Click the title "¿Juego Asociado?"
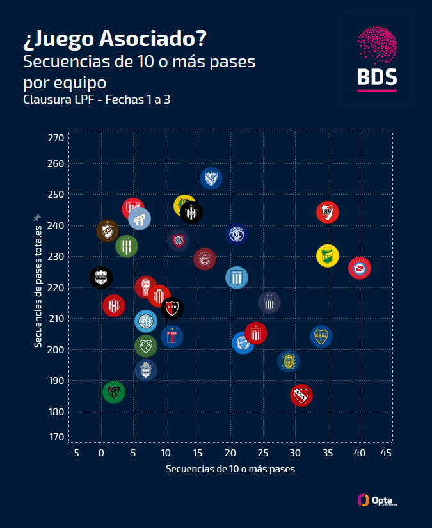[x=115, y=40]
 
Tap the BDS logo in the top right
[x=377, y=59]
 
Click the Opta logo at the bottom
[x=378, y=500]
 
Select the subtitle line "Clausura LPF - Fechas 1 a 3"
[x=97, y=100]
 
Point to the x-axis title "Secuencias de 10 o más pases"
[x=230, y=469]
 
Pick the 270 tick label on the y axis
[x=56, y=138]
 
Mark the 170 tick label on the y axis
[x=56, y=436]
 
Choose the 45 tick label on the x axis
[x=386, y=453]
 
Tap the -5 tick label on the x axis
[x=74, y=453]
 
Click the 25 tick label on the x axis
[x=262, y=453]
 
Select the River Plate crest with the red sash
[x=327, y=212]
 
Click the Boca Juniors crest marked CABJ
[x=321, y=336]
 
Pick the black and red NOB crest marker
[x=172, y=308]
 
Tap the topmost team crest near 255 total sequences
[x=211, y=178]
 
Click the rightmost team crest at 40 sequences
[x=360, y=268]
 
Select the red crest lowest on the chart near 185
[x=301, y=395]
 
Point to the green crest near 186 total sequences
[x=113, y=392]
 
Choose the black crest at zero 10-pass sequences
[x=100, y=277]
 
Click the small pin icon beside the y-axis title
[x=37, y=218]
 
